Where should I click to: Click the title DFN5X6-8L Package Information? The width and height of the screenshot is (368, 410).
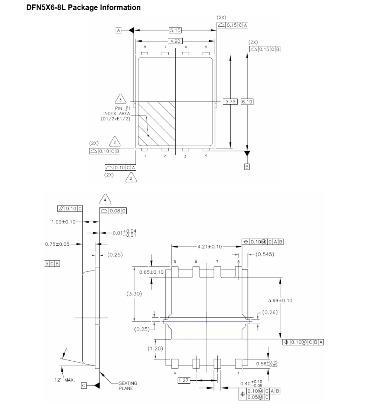(x=84, y=7)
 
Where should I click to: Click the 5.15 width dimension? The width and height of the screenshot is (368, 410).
(x=175, y=30)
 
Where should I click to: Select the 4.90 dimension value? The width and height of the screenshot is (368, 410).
(x=175, y=41)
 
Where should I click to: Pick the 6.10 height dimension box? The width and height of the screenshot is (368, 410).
(x=247, y=101)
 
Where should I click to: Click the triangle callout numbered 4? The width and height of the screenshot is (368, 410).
(x=105, y=200)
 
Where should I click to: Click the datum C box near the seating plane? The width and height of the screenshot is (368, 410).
(x=84, y=386)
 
